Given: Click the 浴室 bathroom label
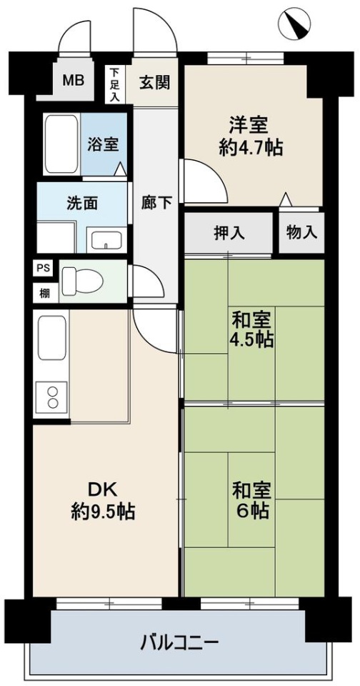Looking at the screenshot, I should point(104,144).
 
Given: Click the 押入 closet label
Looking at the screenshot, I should point(229,233).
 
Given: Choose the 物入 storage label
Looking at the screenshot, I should point(300,233).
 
